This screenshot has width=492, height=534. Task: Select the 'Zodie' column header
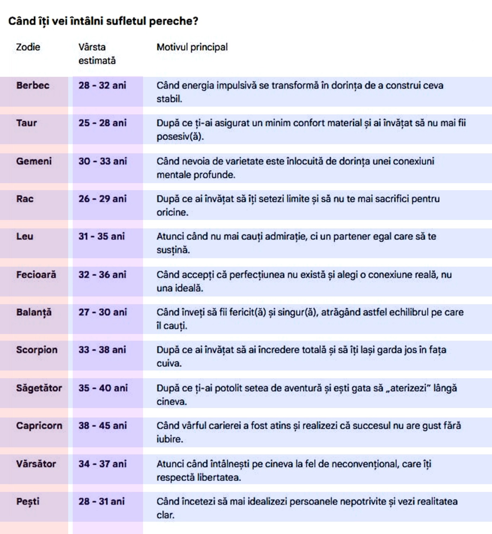pyautogui.click(x=28, y=47)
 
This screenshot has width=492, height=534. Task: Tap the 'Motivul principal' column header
pyautogui.click(x=192, y=47)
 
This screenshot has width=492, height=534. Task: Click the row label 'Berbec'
pyautogui.click(x=33, y=85)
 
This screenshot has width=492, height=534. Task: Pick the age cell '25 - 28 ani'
pyautogui.click(x=102, y=123)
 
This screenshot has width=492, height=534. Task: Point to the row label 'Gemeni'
pyautogui.click(x=34, y=161)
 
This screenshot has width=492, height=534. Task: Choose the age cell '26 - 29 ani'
pyautogui.click(x=102, y=199)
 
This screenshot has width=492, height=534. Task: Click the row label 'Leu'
pyautogui.click(x=25, y=236)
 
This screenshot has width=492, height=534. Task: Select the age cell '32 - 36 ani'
pyautogui.click(x=102, y=274)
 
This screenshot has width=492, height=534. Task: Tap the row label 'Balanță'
pyautogui.click(x=34, y=312)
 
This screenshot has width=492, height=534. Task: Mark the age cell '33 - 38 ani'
pyautogui.click(x=102, y=350)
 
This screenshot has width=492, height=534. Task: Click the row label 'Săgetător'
pyautogui.click(x=39, y=388)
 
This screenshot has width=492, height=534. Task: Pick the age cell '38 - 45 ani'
pyautogui.click(x=102, y=426)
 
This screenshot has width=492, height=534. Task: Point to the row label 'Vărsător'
pyautogui.click(x=36, y=464)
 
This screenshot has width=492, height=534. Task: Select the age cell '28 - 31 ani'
pyautogui.click(x=102, y=501)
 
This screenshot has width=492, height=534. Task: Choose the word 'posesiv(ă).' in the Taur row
pyautogui.click(x=180, y=136)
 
